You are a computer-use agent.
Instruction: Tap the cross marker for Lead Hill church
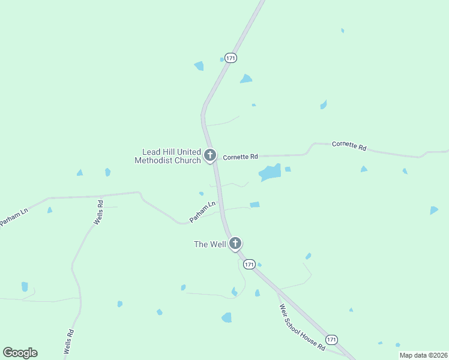click(210, 155)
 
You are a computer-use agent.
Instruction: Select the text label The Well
click(209, 244)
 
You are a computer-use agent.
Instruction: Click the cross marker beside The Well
click(235, 244)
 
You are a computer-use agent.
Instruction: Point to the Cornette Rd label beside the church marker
click(240, 157)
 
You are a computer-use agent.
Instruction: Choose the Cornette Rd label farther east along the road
click(349, 145)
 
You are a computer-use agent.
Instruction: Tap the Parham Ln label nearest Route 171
click(202, 212)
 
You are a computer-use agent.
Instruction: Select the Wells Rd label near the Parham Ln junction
click(98, 213)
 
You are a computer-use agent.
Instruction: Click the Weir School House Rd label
click(302, 328)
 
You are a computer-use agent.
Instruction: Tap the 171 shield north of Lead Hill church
click(231, 58)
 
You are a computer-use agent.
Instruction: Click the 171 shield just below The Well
click(250, 264)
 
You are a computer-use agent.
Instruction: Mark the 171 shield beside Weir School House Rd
click(332, 339)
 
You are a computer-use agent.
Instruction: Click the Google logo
click(20, 353)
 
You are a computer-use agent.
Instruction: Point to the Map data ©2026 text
click(423, 355)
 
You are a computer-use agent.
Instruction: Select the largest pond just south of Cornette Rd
click(270, 173)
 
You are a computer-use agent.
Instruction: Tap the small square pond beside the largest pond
click(288, 169)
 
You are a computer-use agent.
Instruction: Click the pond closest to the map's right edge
click(433, 210)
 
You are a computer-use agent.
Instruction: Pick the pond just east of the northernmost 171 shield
click(246, 79)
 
